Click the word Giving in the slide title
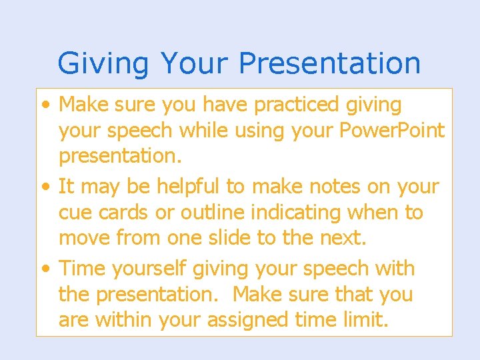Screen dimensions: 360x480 pos(103,63)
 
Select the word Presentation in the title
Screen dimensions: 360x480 pos(329,63)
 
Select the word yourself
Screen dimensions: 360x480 pos(149,269)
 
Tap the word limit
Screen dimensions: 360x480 pos(364,320)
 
